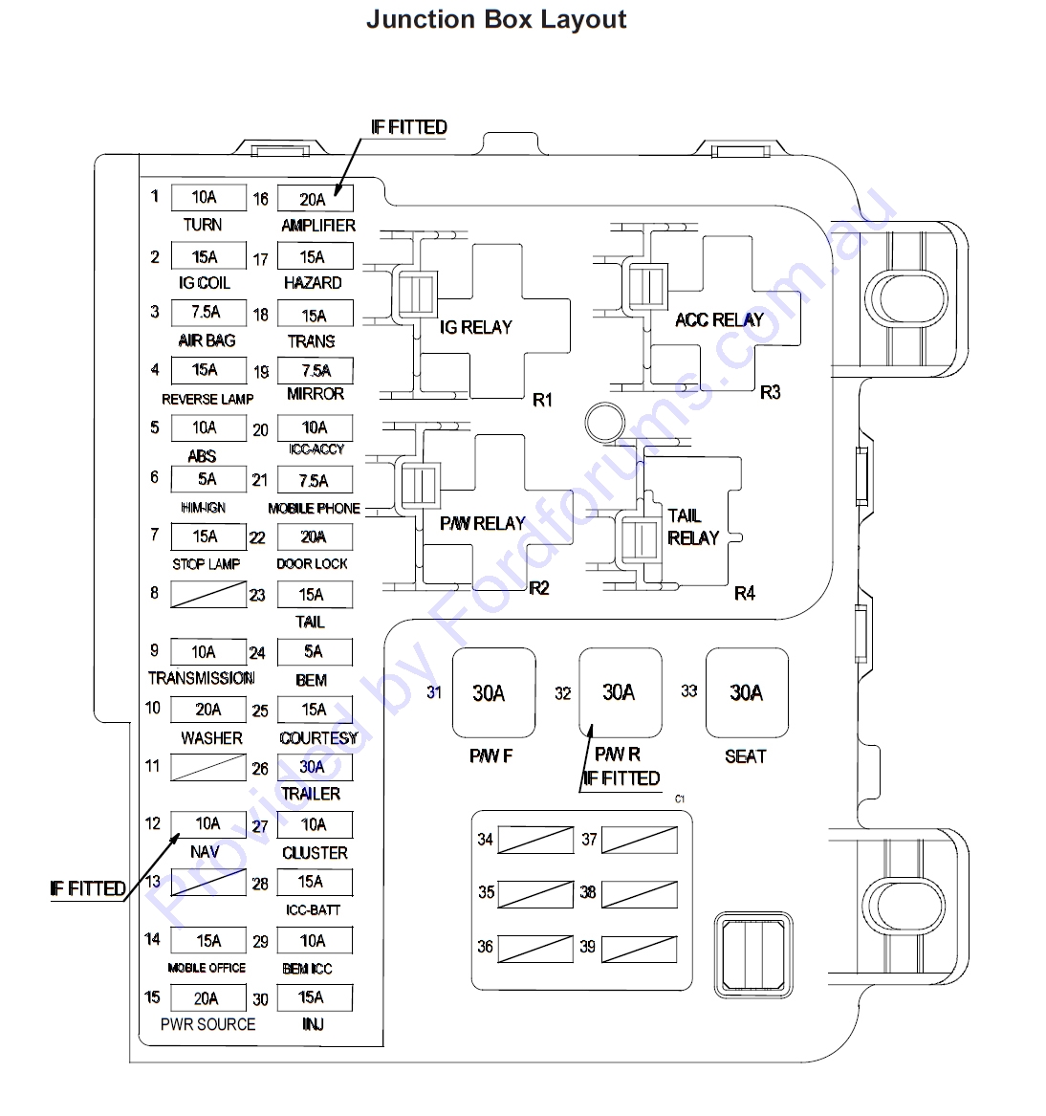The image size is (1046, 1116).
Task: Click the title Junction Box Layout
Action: coord(496,19)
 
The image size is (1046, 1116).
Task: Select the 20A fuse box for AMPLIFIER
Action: coord(316,199)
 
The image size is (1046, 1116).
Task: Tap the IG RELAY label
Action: coord(475,327)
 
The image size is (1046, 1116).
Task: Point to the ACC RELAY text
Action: coord(719,320)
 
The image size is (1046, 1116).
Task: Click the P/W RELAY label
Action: coord(483,524)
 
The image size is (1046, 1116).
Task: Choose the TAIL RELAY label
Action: coord(693,527)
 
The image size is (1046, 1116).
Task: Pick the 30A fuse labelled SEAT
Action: coord(747,692)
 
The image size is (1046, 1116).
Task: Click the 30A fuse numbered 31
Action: coord(493,692)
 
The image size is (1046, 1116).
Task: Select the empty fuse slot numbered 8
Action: coord(208,594)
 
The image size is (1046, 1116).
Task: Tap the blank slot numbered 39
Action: coord(639,949)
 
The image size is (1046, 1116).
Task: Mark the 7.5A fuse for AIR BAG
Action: coord(208,313)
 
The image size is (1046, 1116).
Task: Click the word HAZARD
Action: coord(313,283)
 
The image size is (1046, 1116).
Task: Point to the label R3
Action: coord(770,393)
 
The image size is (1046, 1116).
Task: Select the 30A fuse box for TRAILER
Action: coord(315,767)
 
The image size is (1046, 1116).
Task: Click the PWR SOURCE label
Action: coord(207,1024)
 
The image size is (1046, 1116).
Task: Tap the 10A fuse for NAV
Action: coord(208,824)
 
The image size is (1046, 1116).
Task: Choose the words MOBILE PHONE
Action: coord(314,508)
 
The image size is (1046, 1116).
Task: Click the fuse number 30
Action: coord(260,1000)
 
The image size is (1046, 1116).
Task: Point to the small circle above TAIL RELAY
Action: coord(605,422)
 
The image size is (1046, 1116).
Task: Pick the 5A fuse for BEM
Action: coord(315,652)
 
